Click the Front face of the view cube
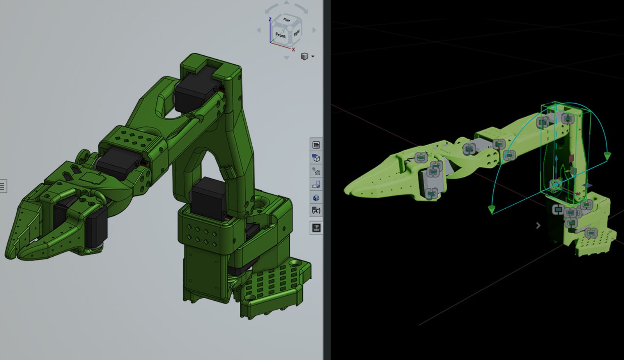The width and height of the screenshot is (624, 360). pos(280,35)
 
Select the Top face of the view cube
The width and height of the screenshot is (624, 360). pos(287,20)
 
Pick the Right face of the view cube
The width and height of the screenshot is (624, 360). pos(297,32)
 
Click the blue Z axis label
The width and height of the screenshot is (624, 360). pos(270,20)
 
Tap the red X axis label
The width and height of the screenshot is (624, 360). pos(293,50)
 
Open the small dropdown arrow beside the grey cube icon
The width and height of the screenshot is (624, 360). pos(313,57)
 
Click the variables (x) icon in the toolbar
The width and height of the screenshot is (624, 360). pos(316,211)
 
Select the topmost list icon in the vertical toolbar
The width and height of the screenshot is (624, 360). pos(316,145)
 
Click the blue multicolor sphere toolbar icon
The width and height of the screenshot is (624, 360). pos(316,197)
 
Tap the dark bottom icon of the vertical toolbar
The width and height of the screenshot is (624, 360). pos(316,227)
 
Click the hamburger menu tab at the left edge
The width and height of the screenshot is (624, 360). pos(3,186)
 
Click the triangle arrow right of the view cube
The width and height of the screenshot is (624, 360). pos(314,30)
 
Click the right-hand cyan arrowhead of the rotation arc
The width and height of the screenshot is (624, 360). pos(607,157)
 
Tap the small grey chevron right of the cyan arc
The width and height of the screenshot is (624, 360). pos(538,225)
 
